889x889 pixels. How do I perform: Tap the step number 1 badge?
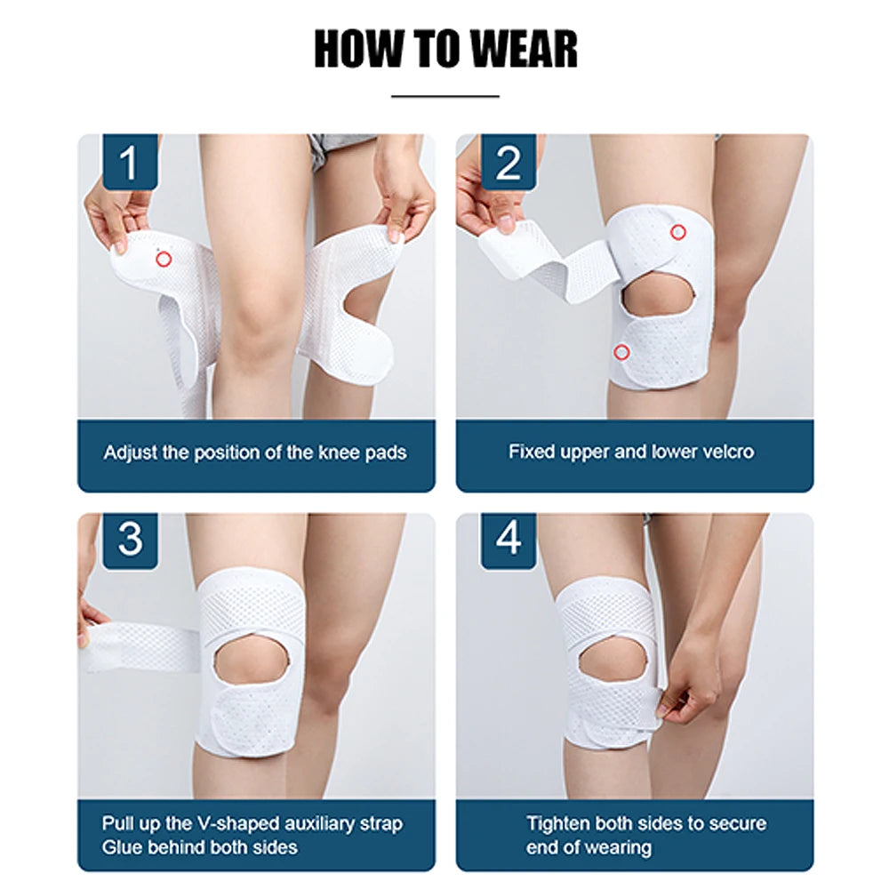point(130,163)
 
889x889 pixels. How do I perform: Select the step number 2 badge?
point(509,163)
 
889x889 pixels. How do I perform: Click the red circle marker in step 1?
point(163,259)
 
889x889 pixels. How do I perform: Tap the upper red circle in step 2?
point(678,233)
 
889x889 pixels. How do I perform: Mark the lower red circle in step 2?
point(621,352)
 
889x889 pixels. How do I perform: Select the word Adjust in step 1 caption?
point(130,453)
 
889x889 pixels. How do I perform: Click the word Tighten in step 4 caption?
point(557,824)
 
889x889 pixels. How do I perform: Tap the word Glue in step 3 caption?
point(121,847)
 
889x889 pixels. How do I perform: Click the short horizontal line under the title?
point(444,95)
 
